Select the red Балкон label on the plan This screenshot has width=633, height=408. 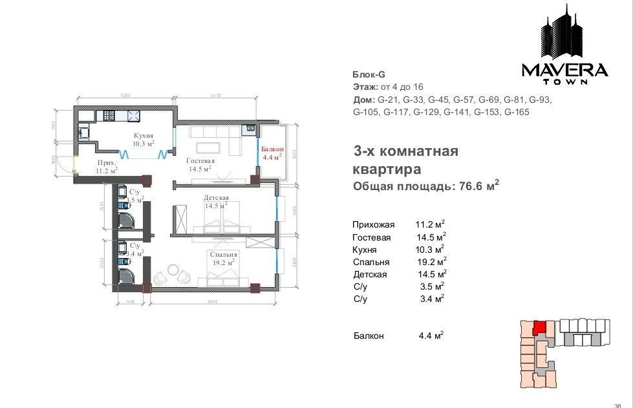pos(271,149)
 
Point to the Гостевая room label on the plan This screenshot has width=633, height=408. pos(200,160)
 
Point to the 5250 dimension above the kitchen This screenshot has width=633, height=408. pos(125,96)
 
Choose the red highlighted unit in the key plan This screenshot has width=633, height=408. pos(539,327)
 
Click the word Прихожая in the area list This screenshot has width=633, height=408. pos(373,225)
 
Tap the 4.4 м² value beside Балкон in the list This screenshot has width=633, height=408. pos(431,336)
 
